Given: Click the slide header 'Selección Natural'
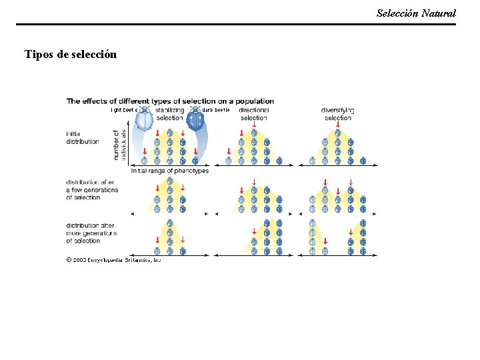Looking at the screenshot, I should (416, 13).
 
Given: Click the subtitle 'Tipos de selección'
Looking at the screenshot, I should (71, 54).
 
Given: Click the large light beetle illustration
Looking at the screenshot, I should (145, 119).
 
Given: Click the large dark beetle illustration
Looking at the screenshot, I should (195, 119).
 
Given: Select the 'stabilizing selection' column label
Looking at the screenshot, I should (169, 113).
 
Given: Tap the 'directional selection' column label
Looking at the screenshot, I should (253, 113).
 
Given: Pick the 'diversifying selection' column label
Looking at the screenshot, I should (337, 113).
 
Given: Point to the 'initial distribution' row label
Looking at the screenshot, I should (82, 137).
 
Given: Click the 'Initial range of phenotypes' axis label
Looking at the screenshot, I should (169, 171).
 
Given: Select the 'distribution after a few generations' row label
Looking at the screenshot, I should (92, 189).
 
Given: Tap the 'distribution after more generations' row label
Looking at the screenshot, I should (91, 233).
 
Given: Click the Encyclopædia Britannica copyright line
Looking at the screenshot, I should (113, 260).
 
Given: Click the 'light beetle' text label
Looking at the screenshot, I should (124, 109).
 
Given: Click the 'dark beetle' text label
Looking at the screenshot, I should (216, 109).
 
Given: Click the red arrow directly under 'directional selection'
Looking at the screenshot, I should (253, 125).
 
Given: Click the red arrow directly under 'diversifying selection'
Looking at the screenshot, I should (338, 125).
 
